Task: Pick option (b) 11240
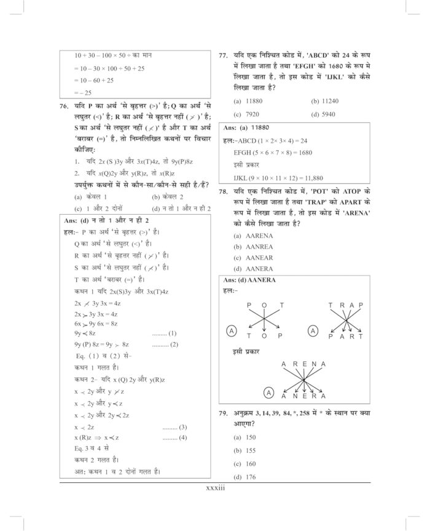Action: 325,100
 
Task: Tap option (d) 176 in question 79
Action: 244,477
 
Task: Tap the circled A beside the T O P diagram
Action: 232,331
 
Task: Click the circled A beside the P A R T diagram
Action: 313,331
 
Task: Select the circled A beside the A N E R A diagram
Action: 268,392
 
